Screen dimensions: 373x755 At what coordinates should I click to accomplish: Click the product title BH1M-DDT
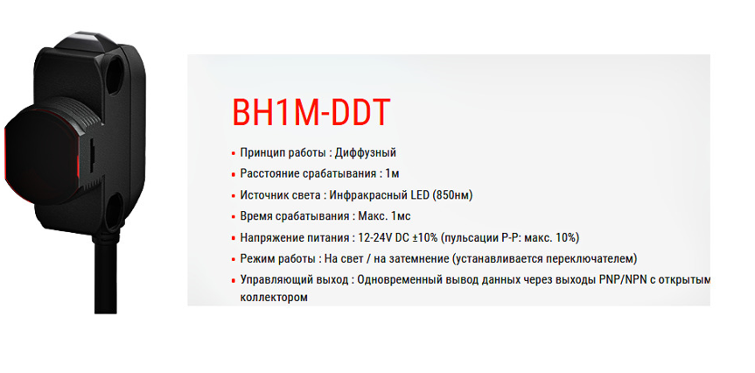311,114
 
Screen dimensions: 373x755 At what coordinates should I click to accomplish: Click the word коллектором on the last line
273,298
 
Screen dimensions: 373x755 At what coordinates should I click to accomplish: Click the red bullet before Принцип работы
233,154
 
